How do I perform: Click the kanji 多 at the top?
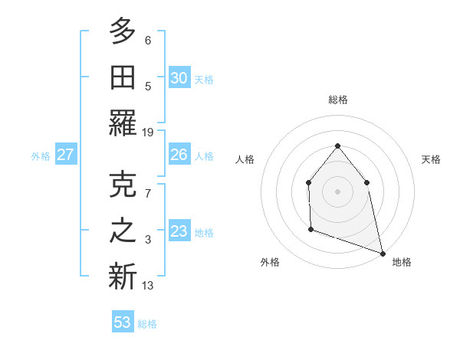click(x=123, y=32)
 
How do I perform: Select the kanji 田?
click(x=123, y=78)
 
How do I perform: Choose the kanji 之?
click(x=123, y=231)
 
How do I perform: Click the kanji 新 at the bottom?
click(x=123, y=277)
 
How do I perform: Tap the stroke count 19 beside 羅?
click(x=148, y=133)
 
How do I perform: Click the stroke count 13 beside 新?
click(x=148, y=286)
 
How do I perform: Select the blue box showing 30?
click(x=179, y=78)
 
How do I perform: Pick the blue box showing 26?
click(x=179, y=155)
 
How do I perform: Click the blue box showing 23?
click(x=179, y=231)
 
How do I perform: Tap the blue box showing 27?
click(x=65, y=155)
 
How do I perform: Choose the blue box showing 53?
click(x=123, y=322)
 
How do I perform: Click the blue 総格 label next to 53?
click(x=147, y=324)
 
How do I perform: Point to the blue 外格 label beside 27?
click(x=41, y=156)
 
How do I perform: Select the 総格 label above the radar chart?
click(x=337, y=100)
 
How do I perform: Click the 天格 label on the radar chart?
click(x=431, y=159)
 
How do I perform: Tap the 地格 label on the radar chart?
click(x=402, y=262)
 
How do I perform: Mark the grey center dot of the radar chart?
click(x=337, y=191)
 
